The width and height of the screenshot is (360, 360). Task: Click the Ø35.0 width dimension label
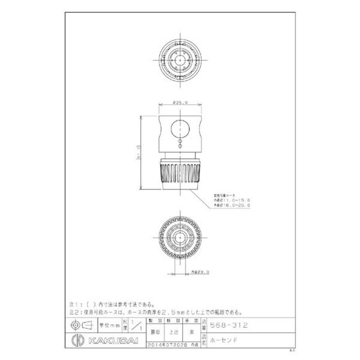coord(180,103)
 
